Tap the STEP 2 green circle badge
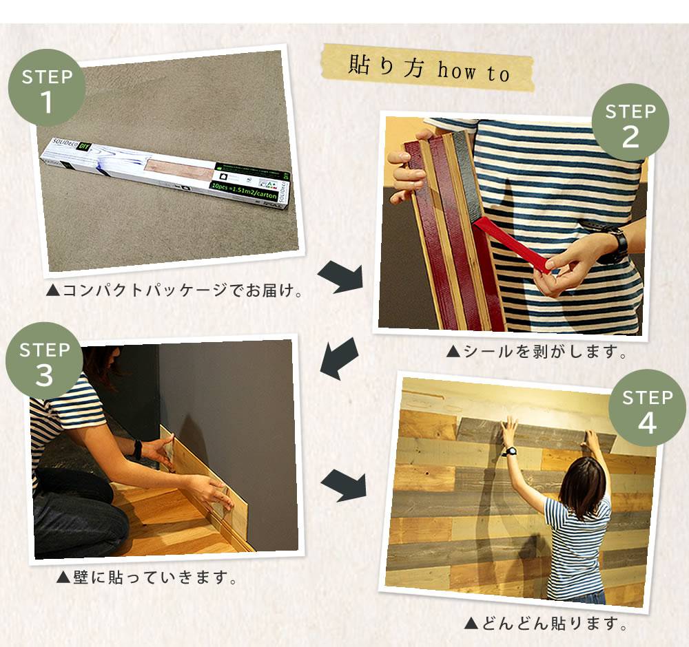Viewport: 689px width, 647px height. click(x=630, y=125)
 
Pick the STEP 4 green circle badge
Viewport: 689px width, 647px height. click(x=647, y=411)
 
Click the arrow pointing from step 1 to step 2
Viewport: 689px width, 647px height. click(x=340, y=277)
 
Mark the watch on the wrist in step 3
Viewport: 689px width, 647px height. click(x=138, y=449)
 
